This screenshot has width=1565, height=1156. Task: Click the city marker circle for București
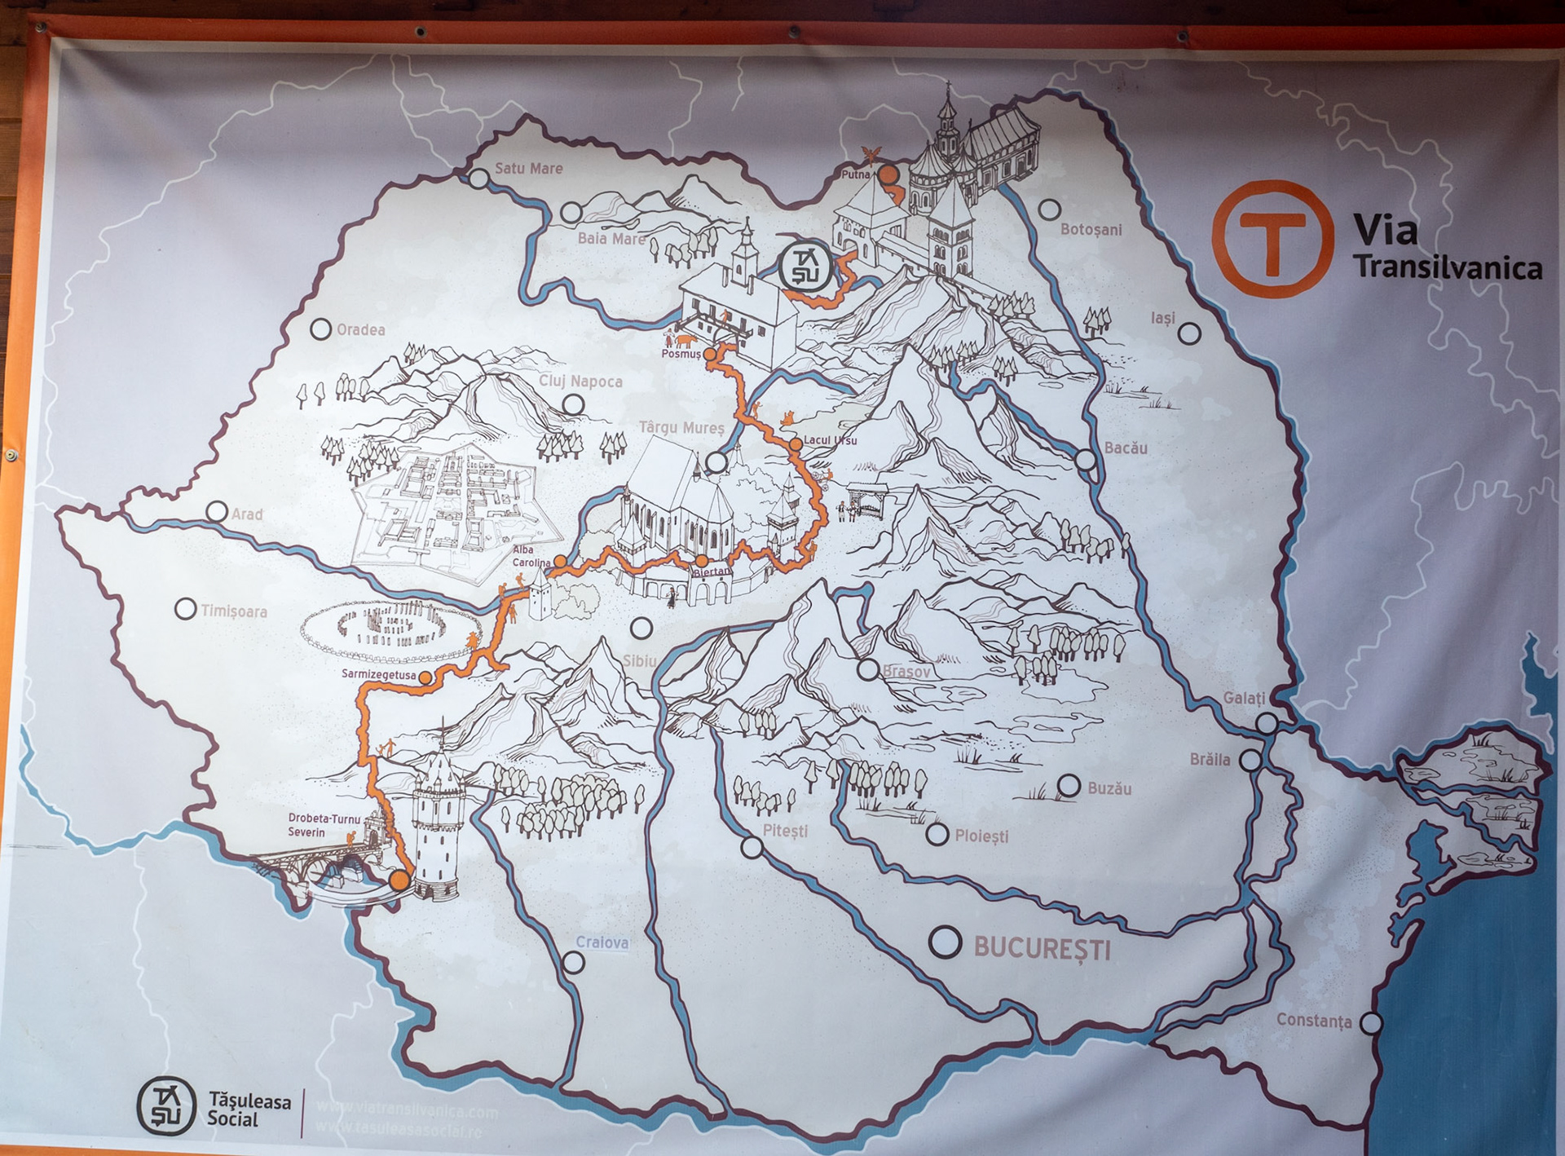pyautogui.click(x=946, y=942)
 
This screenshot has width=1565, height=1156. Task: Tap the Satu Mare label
pyautogui.click(x=528, y=169)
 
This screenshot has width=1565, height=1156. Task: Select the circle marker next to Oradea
pyautogui.click(x=321, y=329)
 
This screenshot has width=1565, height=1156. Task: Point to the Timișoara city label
pyautogui.click(x=234, y=611)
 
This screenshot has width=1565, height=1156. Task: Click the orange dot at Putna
pyautogui.click(x=888, y=174)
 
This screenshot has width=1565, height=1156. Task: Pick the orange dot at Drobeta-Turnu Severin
pyautogui.click(x=399, y=880)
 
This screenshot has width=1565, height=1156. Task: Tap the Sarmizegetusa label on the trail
pyautogui.click(x=379, y=675)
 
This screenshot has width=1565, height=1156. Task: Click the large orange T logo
pyautogui.click(x=1272, y=238)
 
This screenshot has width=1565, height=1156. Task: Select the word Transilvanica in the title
pyautogui.click(x=1448, y=267)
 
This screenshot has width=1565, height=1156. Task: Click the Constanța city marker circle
pyautogui.click(x=1372, y=1022)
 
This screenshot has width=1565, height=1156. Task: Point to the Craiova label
pyautogui.click(x=602, y=942)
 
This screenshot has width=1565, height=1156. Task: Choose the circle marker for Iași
pyautogui.click(x=1189, y=333)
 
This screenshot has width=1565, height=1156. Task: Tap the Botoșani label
pyautogui.click(x=1091, y=230)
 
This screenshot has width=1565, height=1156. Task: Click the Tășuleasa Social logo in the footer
pyautogui.click(x=166, y=1106)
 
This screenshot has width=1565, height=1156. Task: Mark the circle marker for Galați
pyautogui.click(x=1266, y=723)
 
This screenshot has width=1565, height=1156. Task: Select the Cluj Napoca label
pyautogui.click(x=580, y=382)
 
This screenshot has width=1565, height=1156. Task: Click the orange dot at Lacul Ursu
pyautogui.click(x=795, y=444)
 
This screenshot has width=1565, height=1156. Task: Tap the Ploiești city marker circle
pyautogui.click(x=937, y=834)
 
